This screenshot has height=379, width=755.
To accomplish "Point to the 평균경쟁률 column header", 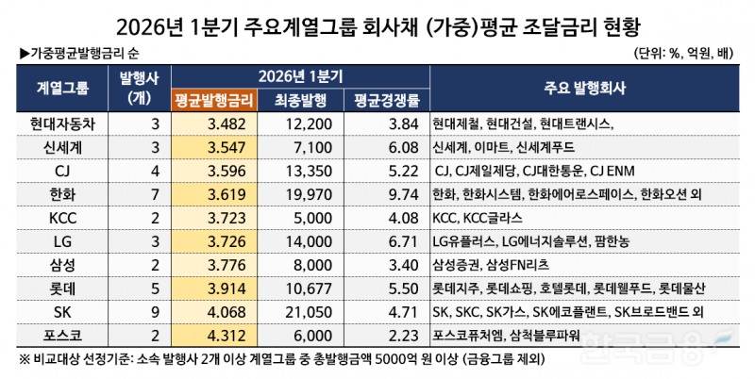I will [386, 98].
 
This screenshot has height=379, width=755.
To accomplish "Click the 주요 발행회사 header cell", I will [583, 88].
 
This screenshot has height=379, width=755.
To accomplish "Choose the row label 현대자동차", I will [63, 124].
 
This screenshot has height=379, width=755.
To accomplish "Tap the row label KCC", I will [63, 218].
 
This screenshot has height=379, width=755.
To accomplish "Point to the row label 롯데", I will [63, 288].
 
